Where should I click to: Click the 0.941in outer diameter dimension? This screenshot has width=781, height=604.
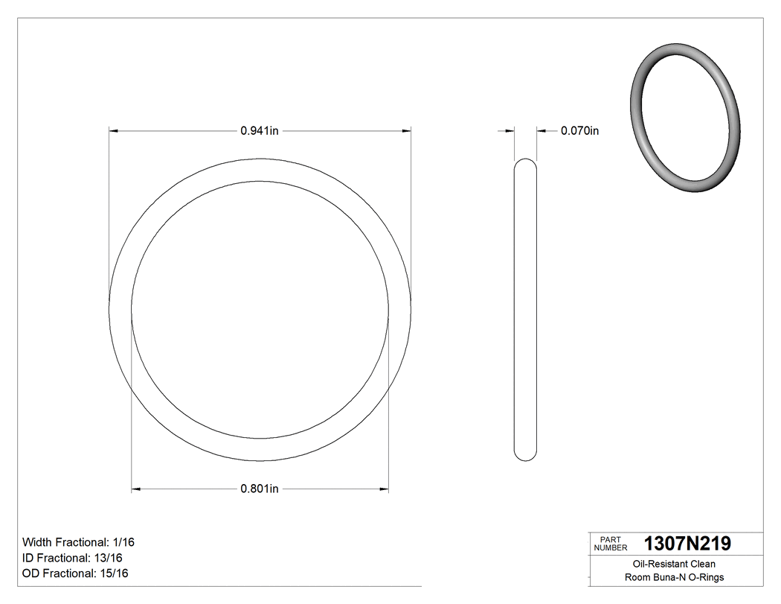(259, 131)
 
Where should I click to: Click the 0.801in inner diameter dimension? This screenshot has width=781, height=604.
(259, 489)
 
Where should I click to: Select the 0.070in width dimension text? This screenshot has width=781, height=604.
(579, 131)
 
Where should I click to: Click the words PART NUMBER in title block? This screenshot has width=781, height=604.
(610, 544)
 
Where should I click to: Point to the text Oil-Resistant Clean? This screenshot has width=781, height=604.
(674, 564)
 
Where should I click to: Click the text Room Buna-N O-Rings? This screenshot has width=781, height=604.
(674, 577)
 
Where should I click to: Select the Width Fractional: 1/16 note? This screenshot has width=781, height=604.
(78, 542)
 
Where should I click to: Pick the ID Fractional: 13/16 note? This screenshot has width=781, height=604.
(72, 558)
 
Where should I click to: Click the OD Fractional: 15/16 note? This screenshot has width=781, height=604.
(75, 573)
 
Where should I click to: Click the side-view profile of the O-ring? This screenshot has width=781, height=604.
(525, 309)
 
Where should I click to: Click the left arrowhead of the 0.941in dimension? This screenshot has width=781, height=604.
(114, 131)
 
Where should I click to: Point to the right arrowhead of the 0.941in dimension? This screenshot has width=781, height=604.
(406, 131)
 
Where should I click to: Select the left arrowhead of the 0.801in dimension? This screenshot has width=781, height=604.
(136, 489)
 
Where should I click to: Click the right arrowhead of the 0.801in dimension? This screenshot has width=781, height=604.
(384, 489)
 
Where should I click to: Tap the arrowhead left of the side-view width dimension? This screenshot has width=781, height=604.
(510, 131)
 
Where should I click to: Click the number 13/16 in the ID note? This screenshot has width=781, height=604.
(108, 558)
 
